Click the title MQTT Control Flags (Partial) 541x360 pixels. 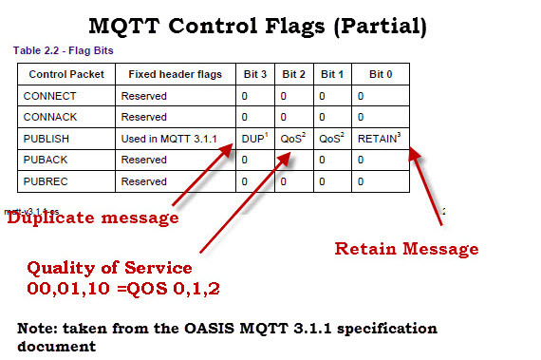(x=270, y=25)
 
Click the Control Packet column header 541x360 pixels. (x=64, y=74)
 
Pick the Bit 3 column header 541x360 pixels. (x=253, y=74)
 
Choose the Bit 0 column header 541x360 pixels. (x=379, y=74)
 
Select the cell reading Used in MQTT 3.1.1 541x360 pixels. (x=169, y=139)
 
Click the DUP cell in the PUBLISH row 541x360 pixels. (x=253, y=138)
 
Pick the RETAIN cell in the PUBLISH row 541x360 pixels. (x=379, y=138)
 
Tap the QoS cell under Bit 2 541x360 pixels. (x=291, y=138)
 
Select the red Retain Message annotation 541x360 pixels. (x=406, y=249)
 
